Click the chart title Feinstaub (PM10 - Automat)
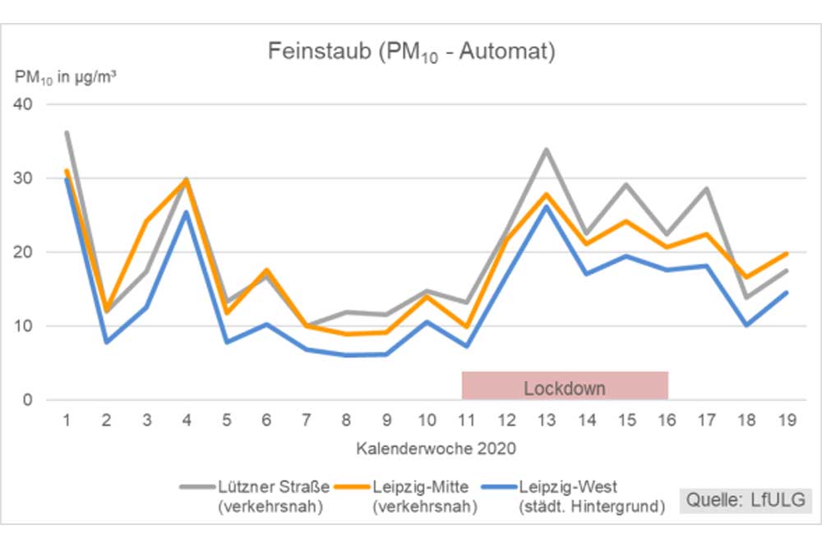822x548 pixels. (x=411, y=53)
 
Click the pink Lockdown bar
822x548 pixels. (x=565, y=385)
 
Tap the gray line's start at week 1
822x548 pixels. (x=67, y=132)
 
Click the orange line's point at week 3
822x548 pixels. (x=146, y=221)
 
